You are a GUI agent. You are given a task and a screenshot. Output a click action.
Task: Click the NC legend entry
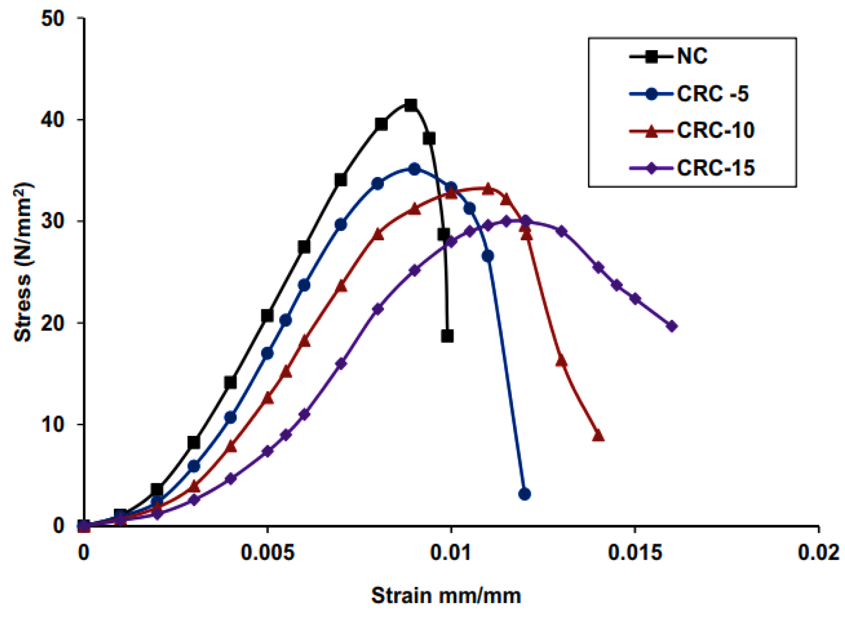click(692, 57)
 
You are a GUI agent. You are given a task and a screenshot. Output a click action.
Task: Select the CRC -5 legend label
click(712, 94)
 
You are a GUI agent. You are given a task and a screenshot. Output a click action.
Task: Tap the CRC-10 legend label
click(715, 130)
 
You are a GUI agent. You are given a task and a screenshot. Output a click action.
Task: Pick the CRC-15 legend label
click(715, 168)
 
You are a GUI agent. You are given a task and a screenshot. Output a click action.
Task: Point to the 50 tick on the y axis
click(52, 19)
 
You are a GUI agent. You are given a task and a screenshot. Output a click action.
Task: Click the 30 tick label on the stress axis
click(52, 221)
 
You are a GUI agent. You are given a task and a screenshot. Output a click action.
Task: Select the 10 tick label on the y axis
click(52, 425)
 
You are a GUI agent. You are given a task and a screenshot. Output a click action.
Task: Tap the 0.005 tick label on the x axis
click(267, 553)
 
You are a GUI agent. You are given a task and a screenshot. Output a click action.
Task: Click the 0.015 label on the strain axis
click(635, 553)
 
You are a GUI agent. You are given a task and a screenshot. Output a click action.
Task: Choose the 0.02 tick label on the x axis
click(818, 553)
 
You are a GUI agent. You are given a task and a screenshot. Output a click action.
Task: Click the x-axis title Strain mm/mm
click(446, 596)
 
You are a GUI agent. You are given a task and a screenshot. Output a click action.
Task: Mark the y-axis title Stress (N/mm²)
click(23, 263)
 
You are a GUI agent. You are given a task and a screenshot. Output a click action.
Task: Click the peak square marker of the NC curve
click(411, 105)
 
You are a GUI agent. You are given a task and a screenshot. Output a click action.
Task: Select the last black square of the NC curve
click(447, 336)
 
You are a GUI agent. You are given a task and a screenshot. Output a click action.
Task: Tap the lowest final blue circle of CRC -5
click(525, 494)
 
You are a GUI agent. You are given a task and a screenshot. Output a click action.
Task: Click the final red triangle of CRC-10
click(598, 436)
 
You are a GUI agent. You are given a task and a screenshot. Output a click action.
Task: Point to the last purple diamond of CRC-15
click(672, 326)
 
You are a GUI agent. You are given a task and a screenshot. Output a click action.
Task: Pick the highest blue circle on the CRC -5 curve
click(415, 169)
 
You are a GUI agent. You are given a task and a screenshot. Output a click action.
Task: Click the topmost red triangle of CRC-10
click(488, 189)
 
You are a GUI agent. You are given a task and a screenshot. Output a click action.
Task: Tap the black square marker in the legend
click(651, 57)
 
